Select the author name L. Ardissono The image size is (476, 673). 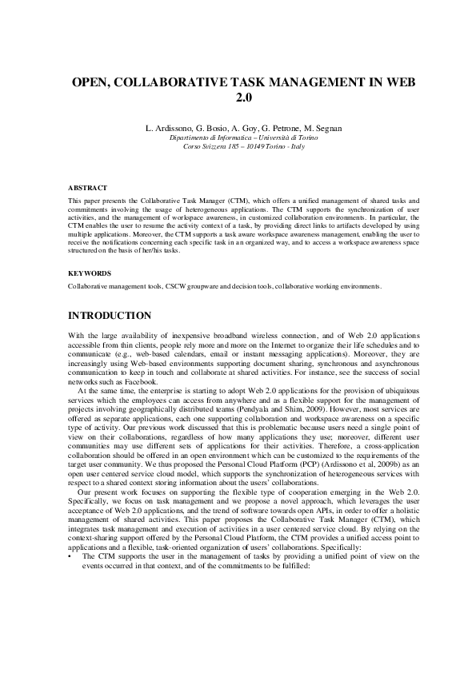tap(166, 129)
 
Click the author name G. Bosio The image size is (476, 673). tap(208, 129)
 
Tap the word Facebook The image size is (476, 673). tap(124, 383)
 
